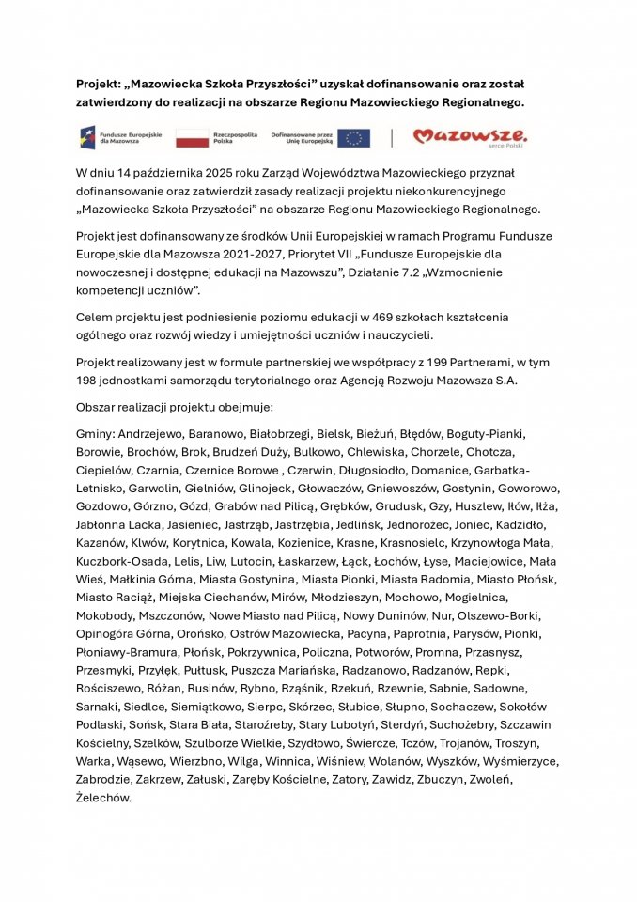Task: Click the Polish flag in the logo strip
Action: (x=193, y=139)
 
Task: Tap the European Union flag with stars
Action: (x=353, y=139)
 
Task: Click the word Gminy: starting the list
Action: (x=95, y=434)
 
